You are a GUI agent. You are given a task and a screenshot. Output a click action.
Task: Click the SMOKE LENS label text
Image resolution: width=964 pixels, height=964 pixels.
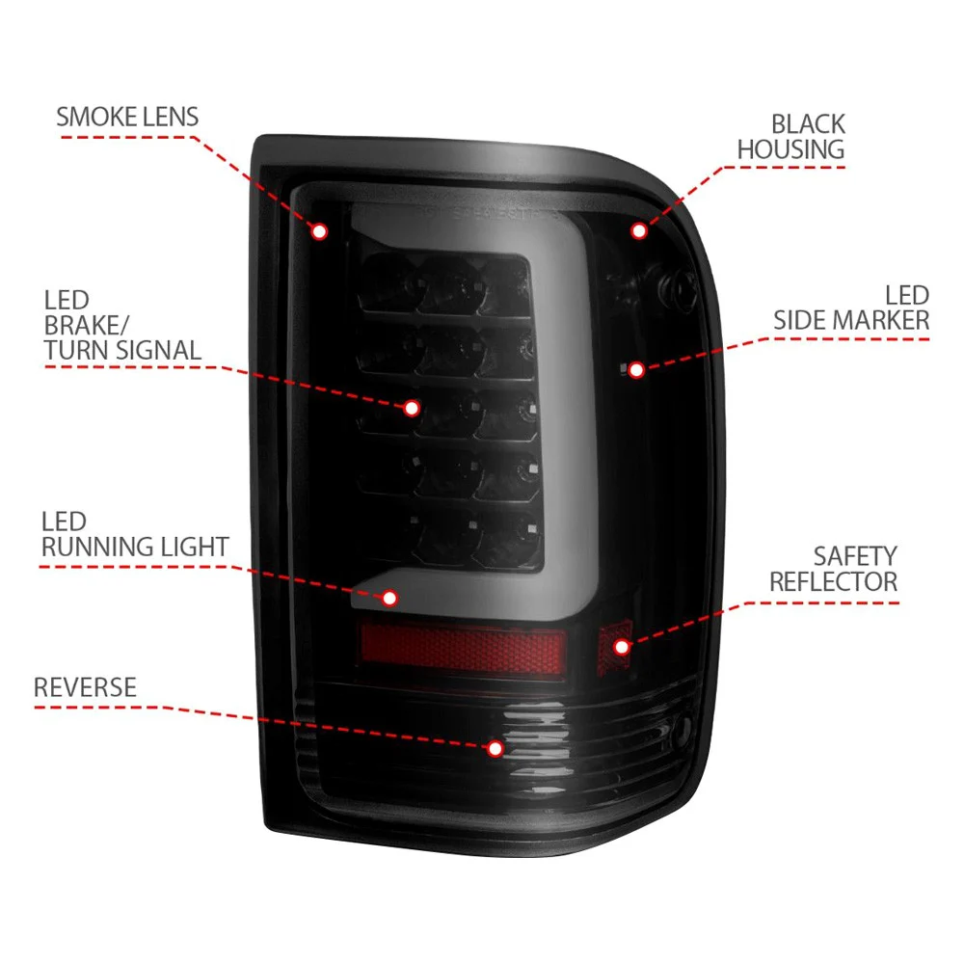[127, 117]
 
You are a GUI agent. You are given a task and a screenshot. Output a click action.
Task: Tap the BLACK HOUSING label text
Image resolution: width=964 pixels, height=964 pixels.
[791, 137]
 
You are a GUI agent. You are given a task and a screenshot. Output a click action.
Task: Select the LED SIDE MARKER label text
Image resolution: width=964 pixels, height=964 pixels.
[851, 308]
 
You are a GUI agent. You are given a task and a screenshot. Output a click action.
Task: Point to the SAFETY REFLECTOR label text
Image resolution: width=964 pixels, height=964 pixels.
[834, 569]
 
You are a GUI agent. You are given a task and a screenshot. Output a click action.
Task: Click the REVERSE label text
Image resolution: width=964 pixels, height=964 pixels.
[85, 687]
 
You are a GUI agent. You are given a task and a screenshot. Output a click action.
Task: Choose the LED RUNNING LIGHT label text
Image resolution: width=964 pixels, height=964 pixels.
[135, 534]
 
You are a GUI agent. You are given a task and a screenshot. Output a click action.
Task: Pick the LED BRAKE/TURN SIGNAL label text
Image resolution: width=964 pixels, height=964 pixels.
[122, 325]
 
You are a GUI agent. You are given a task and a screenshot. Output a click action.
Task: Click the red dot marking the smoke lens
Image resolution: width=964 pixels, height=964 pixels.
[319, 231]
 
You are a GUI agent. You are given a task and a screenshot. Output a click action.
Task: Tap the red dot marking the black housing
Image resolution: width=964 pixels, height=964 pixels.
[639, 230]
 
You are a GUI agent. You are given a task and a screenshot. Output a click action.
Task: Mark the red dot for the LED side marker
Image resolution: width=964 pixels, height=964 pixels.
[636, 369]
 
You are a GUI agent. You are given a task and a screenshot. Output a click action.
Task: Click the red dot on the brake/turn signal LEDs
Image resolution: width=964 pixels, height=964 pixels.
[412, 408]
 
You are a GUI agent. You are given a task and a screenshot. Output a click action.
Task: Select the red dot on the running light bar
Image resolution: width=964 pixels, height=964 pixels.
[389, 598]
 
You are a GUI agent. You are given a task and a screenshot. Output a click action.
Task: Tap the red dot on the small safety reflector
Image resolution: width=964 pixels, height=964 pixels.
[622, 647]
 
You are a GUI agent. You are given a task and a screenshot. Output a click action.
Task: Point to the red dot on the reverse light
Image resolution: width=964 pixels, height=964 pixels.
[495, 748]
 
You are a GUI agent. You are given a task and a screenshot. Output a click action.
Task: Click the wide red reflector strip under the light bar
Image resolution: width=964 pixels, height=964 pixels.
[463, 649]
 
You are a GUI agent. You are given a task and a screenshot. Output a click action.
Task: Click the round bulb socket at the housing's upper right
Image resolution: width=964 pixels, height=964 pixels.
[677, 286]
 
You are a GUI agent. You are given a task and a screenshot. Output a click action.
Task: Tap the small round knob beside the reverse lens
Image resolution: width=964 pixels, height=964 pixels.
[682, 731]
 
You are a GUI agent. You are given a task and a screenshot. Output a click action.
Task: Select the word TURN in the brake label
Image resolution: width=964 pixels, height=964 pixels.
[74, 351]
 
